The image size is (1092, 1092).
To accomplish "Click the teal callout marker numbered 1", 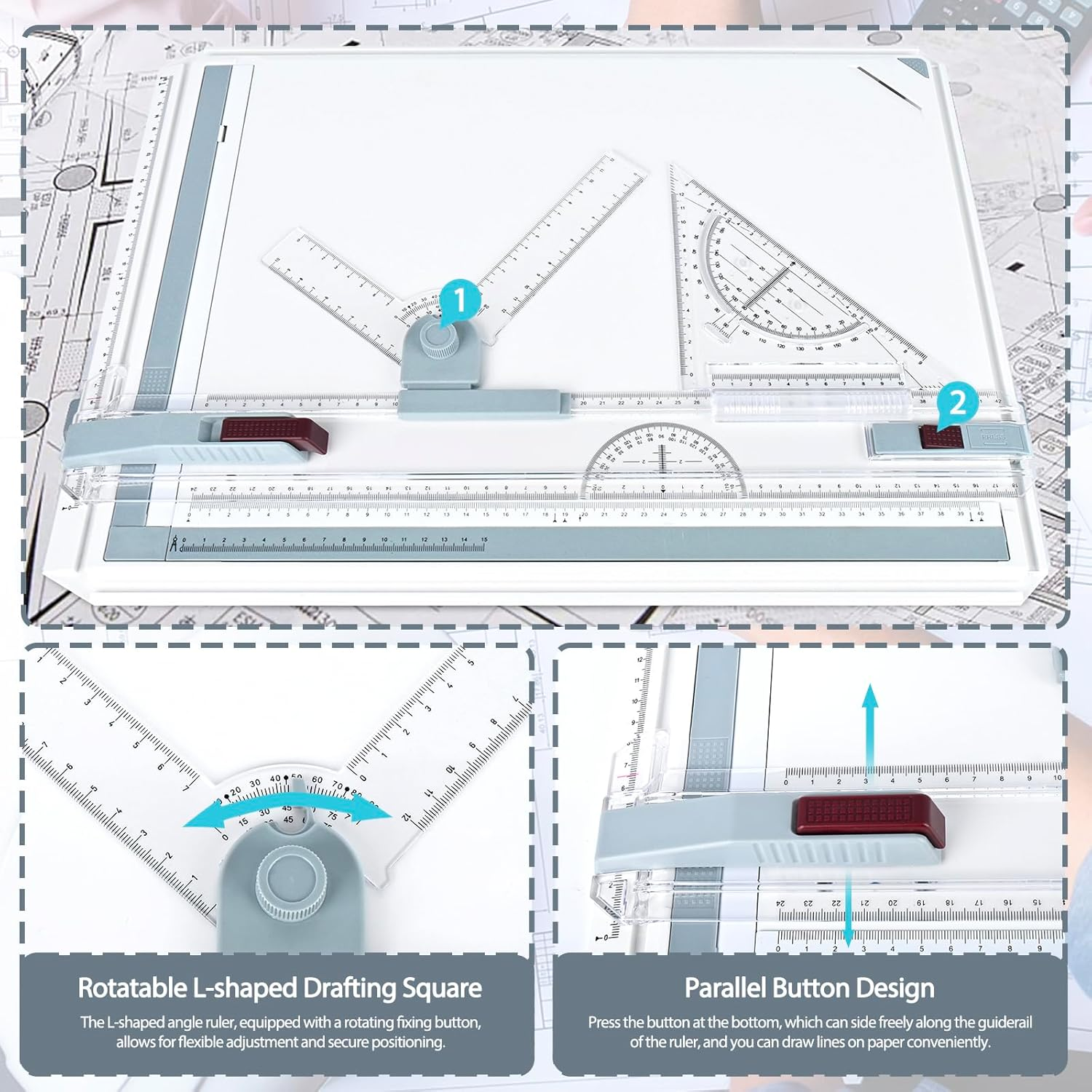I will (459, 300).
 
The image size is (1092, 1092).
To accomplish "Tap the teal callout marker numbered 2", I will (957, 403).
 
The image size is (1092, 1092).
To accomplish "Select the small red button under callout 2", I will (941, 437).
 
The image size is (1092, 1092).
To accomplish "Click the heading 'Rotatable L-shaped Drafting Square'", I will (280, 988).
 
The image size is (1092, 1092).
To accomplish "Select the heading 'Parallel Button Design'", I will (810, 988).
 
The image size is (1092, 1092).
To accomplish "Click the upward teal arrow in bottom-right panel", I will (870, 728).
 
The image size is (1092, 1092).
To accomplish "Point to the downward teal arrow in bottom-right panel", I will (848, 910).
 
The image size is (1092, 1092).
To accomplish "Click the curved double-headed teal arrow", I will (288, 808).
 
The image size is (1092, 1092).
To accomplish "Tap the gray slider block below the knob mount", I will (483, 404).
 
